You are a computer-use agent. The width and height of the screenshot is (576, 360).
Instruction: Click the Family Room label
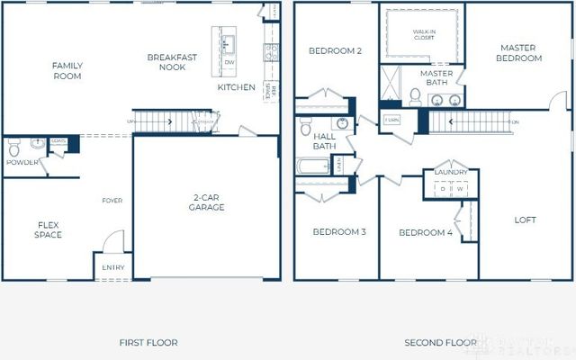point(67,71)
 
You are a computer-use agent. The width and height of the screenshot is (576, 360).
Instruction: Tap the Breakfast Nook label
point(172,62)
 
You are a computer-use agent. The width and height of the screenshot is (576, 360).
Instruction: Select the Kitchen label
point(236,87)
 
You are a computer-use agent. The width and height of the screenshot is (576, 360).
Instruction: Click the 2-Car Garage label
point(207,202)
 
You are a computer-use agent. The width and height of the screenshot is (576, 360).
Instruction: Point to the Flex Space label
point(49,229)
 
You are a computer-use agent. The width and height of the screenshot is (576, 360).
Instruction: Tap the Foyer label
point(112,201)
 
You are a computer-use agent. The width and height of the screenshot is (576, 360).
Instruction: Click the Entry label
point(113,268)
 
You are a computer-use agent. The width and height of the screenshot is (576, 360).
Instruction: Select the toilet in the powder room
point(35,143)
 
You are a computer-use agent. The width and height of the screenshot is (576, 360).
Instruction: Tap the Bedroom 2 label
point(335,51)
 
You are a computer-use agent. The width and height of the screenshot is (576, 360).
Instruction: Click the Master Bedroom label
point(520,53)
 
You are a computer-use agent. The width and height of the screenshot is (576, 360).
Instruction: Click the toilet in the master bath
point(415,95)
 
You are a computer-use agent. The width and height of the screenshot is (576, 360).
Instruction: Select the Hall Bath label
point(323,141)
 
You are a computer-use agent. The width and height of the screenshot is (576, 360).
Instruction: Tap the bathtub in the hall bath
point(313,166)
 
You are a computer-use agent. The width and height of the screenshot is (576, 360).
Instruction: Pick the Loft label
point(526,219)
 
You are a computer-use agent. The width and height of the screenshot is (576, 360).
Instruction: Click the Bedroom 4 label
point(426,233)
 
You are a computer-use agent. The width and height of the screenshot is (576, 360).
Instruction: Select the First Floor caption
point(148,342)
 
